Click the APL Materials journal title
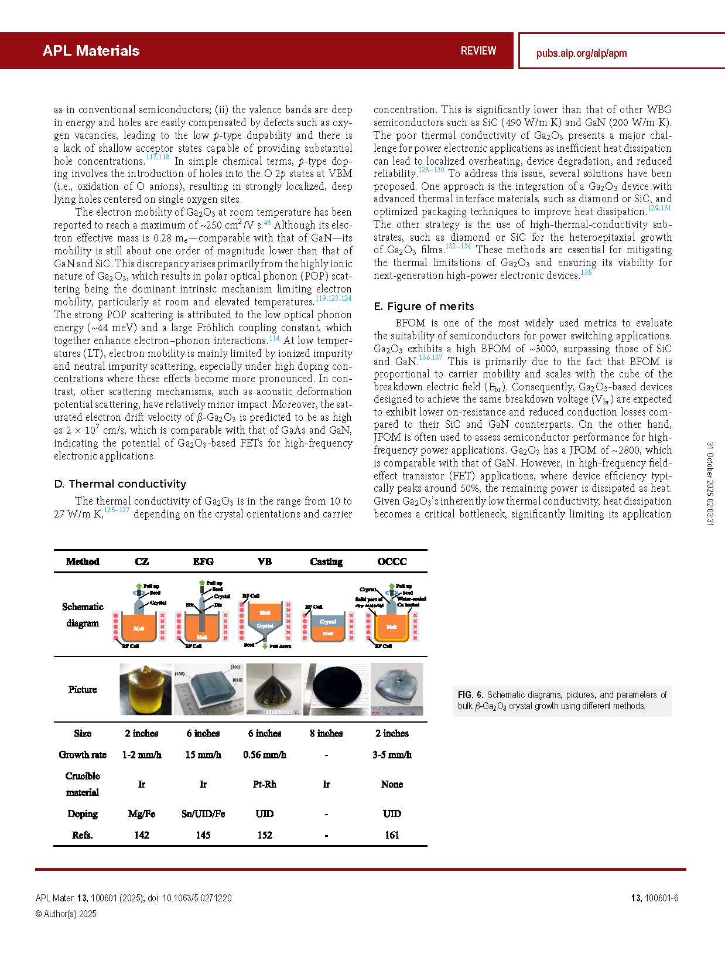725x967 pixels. (91, 51)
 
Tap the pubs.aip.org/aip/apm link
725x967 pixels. (581, 53)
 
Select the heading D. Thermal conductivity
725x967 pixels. (120, 484)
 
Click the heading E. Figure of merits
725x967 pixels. (424, 307)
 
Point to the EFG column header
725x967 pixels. (203, 561)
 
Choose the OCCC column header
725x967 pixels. (392, 561)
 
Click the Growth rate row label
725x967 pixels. (83, 755)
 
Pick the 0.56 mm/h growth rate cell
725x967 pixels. (265, 755)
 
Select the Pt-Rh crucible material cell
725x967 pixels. (265, 784)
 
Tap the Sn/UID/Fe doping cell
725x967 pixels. (203, 814)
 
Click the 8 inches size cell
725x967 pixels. (326, 734)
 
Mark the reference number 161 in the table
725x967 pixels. (392, 835)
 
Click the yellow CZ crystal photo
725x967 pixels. (145, 689)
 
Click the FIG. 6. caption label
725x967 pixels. (470, 695)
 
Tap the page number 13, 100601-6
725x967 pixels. (654, 898)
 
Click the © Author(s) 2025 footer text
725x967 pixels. (66, 914)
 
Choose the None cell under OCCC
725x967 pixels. (392, 784)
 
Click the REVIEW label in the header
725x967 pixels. (478, 51)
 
